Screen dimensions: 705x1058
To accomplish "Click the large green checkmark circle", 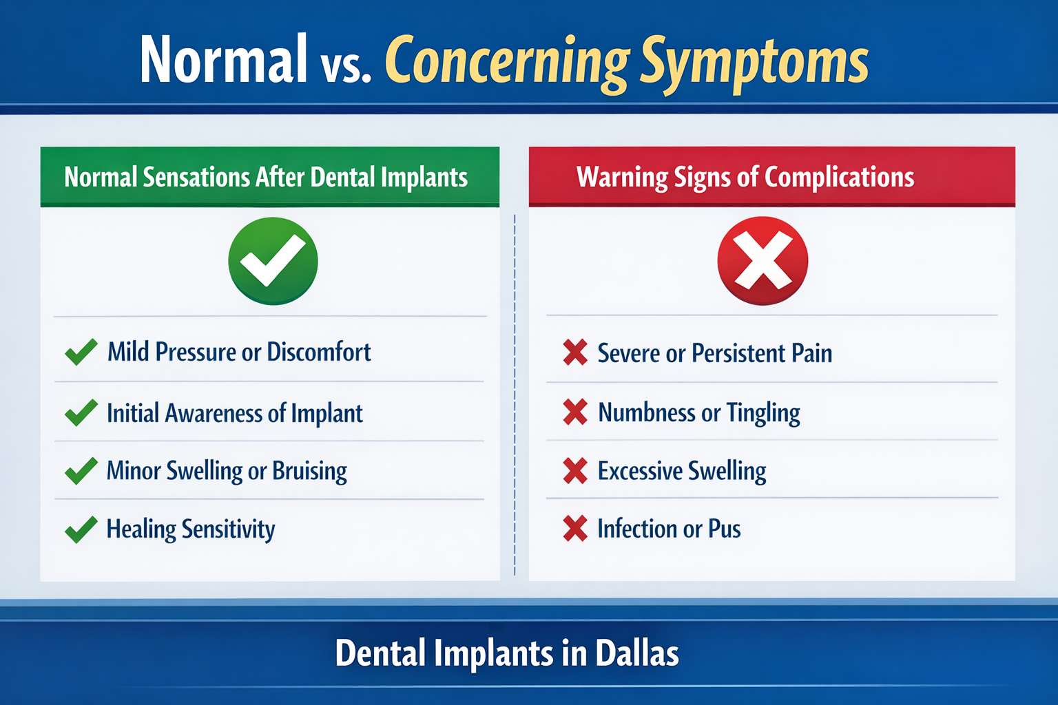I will tap(273, 261).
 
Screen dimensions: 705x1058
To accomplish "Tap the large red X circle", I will tap(763, 261).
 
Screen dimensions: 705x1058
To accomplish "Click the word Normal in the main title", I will tap(223, 61).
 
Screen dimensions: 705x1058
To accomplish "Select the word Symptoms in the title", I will tap(754, 62).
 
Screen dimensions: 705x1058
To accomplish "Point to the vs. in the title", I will tap(346, 67).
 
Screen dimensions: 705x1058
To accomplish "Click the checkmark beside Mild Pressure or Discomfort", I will tap(81, 352).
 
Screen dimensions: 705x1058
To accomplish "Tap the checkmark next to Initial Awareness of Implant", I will tap(81, 413).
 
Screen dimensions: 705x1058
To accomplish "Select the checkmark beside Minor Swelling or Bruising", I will tap(81, 472).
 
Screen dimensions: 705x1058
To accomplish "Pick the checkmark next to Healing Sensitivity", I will tap(81, 529).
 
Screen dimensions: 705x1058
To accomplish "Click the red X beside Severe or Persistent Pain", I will tap(575, 352).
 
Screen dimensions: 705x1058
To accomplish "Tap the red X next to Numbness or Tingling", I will tap(575, 412).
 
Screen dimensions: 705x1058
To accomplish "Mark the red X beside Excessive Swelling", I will tap(575, 471).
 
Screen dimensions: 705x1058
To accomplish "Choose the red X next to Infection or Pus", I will tap(575, 529).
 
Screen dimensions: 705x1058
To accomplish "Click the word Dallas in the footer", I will tap(637, 653).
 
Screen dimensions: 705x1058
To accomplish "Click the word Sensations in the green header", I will tap(196, 178).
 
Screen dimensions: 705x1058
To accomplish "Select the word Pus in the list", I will tap(724, 529).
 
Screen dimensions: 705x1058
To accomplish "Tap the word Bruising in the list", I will tap(309, 472).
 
